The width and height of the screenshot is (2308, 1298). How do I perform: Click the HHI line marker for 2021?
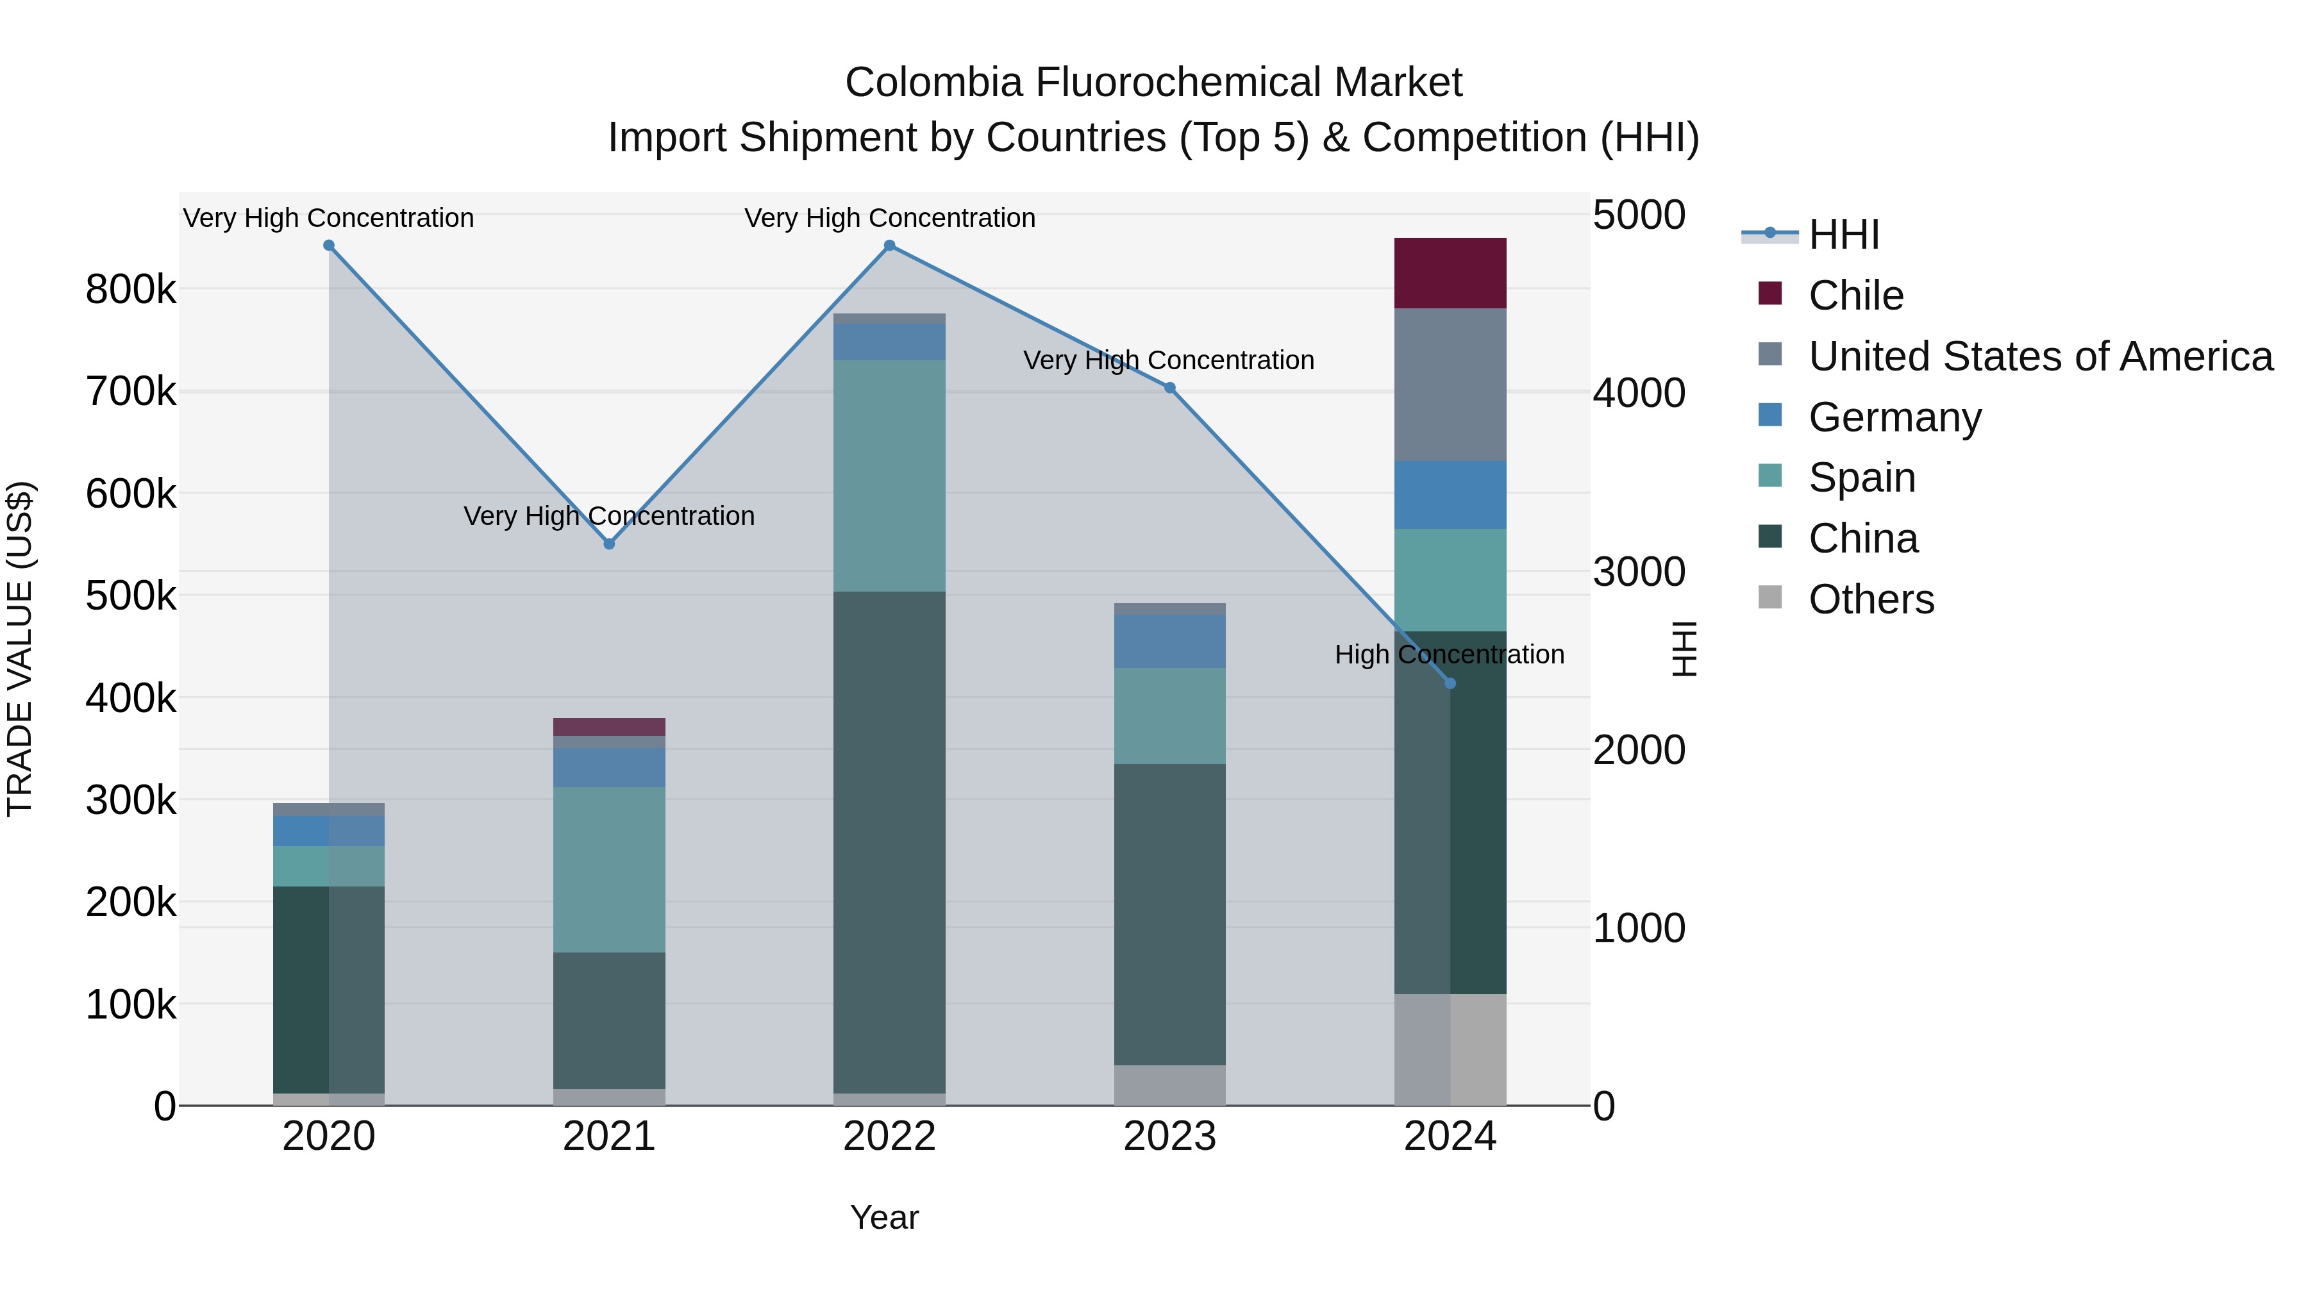[609, 544]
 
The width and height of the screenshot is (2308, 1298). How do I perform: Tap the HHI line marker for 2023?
[1169, 388]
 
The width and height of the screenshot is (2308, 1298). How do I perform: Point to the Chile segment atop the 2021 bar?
[609, 726]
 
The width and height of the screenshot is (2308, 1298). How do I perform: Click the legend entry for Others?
[1871, 599]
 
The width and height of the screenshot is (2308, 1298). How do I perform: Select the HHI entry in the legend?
[1843, 235]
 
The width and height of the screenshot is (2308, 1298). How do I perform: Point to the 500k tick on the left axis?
[131, 595]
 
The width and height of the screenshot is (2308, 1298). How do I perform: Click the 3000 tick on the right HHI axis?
[1639, 572]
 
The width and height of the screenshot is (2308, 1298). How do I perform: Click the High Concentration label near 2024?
[1449, 655]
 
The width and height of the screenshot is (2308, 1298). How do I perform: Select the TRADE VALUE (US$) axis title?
[20, 649]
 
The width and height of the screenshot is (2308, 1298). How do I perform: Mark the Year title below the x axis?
[884, 1217]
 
